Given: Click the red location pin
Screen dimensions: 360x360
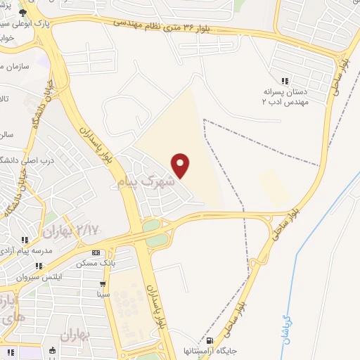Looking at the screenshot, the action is pyautogui.click(x=181, y=165).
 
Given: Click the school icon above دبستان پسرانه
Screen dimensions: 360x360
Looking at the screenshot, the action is pyautogui.click(x=285, y=81).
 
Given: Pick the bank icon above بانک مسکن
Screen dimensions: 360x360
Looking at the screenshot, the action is pyautogui.click(x=96, y=252).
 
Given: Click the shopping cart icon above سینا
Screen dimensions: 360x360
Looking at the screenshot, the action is pyautogui.click(x=103, y=284).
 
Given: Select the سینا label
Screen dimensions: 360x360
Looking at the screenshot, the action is pyautogui.click(x=103, y=295).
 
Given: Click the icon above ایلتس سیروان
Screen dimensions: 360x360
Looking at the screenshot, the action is pyautogui.click(x=41, y=266).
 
